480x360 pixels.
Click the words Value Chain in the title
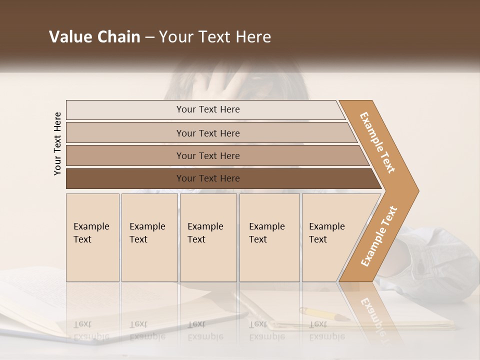[x=94, y=37]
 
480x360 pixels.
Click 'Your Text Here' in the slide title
[x=215, y=37]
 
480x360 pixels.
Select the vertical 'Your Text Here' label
[x=57, y=144]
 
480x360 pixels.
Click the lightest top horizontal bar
[x=207, y=109]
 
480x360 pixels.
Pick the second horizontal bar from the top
[x=207, y=133]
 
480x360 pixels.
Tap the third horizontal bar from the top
[x=207, y=155]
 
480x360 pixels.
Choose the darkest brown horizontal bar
[x=207, y=178]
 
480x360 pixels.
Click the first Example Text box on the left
[x=92, y=237]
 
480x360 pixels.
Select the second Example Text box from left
[x=149, y=237]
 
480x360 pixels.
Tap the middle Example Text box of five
[x=208, y=237]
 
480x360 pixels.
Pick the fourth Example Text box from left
[x=269, y=237]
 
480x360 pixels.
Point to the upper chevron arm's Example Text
[x=377, y=142]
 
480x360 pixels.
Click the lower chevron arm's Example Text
[x=379, y=236]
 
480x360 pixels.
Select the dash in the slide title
[x=149, y=37]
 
